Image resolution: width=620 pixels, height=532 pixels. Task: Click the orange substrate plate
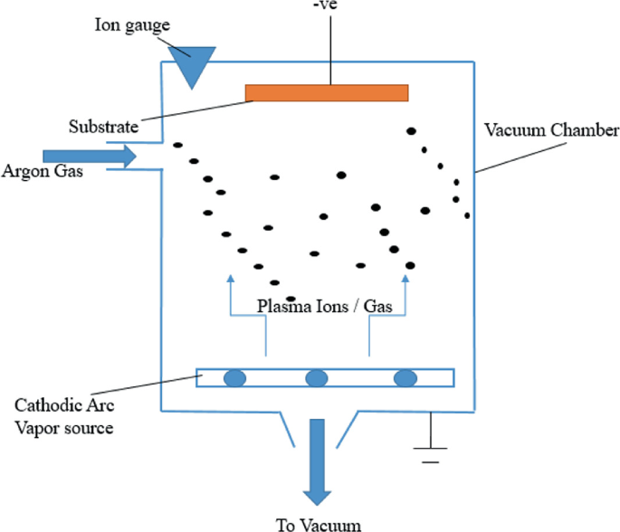tap(327, 93)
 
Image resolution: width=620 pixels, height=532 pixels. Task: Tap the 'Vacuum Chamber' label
tap(550, 130)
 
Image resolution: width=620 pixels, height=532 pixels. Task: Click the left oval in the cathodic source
tap(234, 377)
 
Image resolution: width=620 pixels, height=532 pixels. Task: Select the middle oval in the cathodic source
tap(316, 377)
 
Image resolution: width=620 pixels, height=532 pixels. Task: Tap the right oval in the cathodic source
tap(405, 377)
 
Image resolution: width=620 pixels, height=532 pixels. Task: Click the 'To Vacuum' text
tap(318, 523)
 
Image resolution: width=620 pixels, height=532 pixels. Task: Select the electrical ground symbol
tap(430, 448)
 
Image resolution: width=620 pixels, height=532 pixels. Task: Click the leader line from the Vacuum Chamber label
tap(507, 157)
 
